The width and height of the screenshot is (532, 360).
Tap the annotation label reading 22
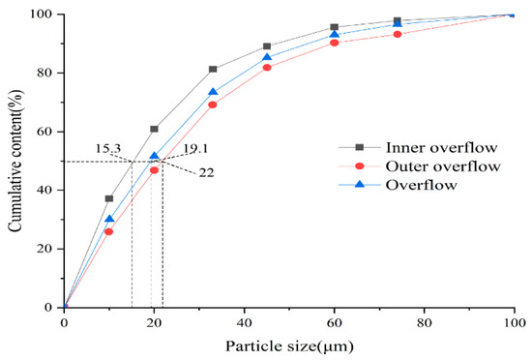(206, 172)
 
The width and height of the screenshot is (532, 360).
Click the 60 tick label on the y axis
(45, 132)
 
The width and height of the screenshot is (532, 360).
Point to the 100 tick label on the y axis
(42, 15)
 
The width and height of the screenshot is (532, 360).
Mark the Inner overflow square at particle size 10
(109, 198)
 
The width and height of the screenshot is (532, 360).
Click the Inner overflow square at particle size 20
(155, 129)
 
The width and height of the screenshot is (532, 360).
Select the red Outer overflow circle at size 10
(109, 231)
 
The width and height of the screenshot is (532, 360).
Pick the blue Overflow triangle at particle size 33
(213, 93)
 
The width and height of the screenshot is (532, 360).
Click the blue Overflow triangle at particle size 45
(267, 58)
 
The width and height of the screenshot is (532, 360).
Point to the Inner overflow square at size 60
(335, 27)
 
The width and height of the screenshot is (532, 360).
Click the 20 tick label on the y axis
(45, 249)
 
